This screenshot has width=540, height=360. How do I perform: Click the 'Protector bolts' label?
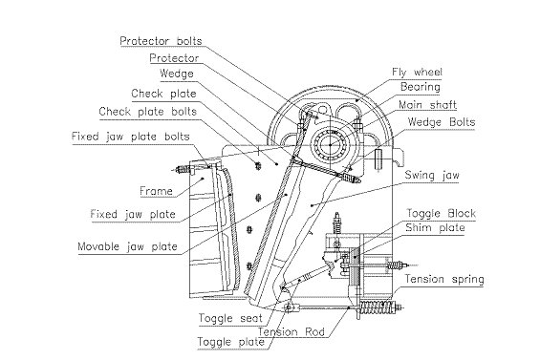[x=161, y=41]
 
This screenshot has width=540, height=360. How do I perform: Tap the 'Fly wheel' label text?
[x=417, y=72]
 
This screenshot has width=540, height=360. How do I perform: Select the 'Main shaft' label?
[x=428, y=105]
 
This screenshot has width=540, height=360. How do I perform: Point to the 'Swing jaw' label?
[x=432, y=175]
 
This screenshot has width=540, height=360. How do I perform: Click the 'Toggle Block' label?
[x=442, y=213]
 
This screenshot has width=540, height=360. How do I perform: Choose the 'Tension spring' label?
[x=444, y=279]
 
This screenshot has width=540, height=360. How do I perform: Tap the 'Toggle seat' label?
[x=230, y=318]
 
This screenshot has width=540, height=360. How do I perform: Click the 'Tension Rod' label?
[x=292, y=331]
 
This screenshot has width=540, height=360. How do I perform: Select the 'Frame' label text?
[x=156, y=191]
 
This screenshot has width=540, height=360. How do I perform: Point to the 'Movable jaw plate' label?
[x=127, y=246]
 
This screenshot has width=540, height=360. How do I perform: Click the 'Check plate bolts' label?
[x=148, y=112]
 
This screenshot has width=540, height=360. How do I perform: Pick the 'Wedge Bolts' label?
[x=442, y=122]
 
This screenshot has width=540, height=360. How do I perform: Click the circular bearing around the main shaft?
[x=331, y=145]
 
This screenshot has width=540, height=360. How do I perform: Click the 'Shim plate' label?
[x=435, y=227]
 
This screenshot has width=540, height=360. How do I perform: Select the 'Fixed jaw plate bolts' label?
[x=131, y=137]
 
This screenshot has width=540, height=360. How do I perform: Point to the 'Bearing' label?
[x=421, y=87]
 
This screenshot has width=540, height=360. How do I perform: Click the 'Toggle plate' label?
[x=230, y=342]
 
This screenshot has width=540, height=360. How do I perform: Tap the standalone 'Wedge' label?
[x=177, y=74]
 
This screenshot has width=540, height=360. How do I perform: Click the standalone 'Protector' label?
[x=174, y=58]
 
